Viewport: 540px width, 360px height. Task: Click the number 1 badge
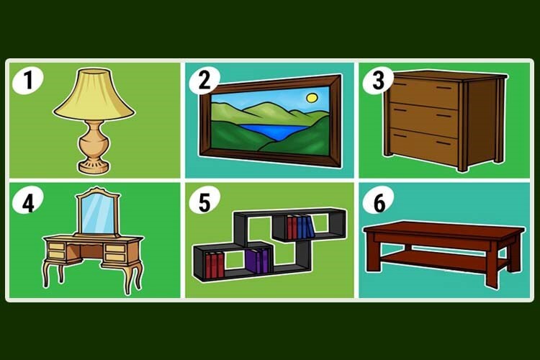click(x=27, y=80)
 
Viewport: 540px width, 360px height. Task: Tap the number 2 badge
click(x=204, y=80)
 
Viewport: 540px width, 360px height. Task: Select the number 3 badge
click(x=378, y=80)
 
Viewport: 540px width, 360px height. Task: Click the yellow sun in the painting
click(x=312, y=98)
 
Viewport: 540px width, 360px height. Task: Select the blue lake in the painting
click(x=273, y=131)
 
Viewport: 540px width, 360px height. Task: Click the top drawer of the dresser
click(x=423, y=90)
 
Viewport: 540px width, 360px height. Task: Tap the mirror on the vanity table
click(x=98, y=214)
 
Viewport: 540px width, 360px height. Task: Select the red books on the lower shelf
click(x=215, y=265)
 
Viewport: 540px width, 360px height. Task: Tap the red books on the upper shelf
click(x=292, y=228)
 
